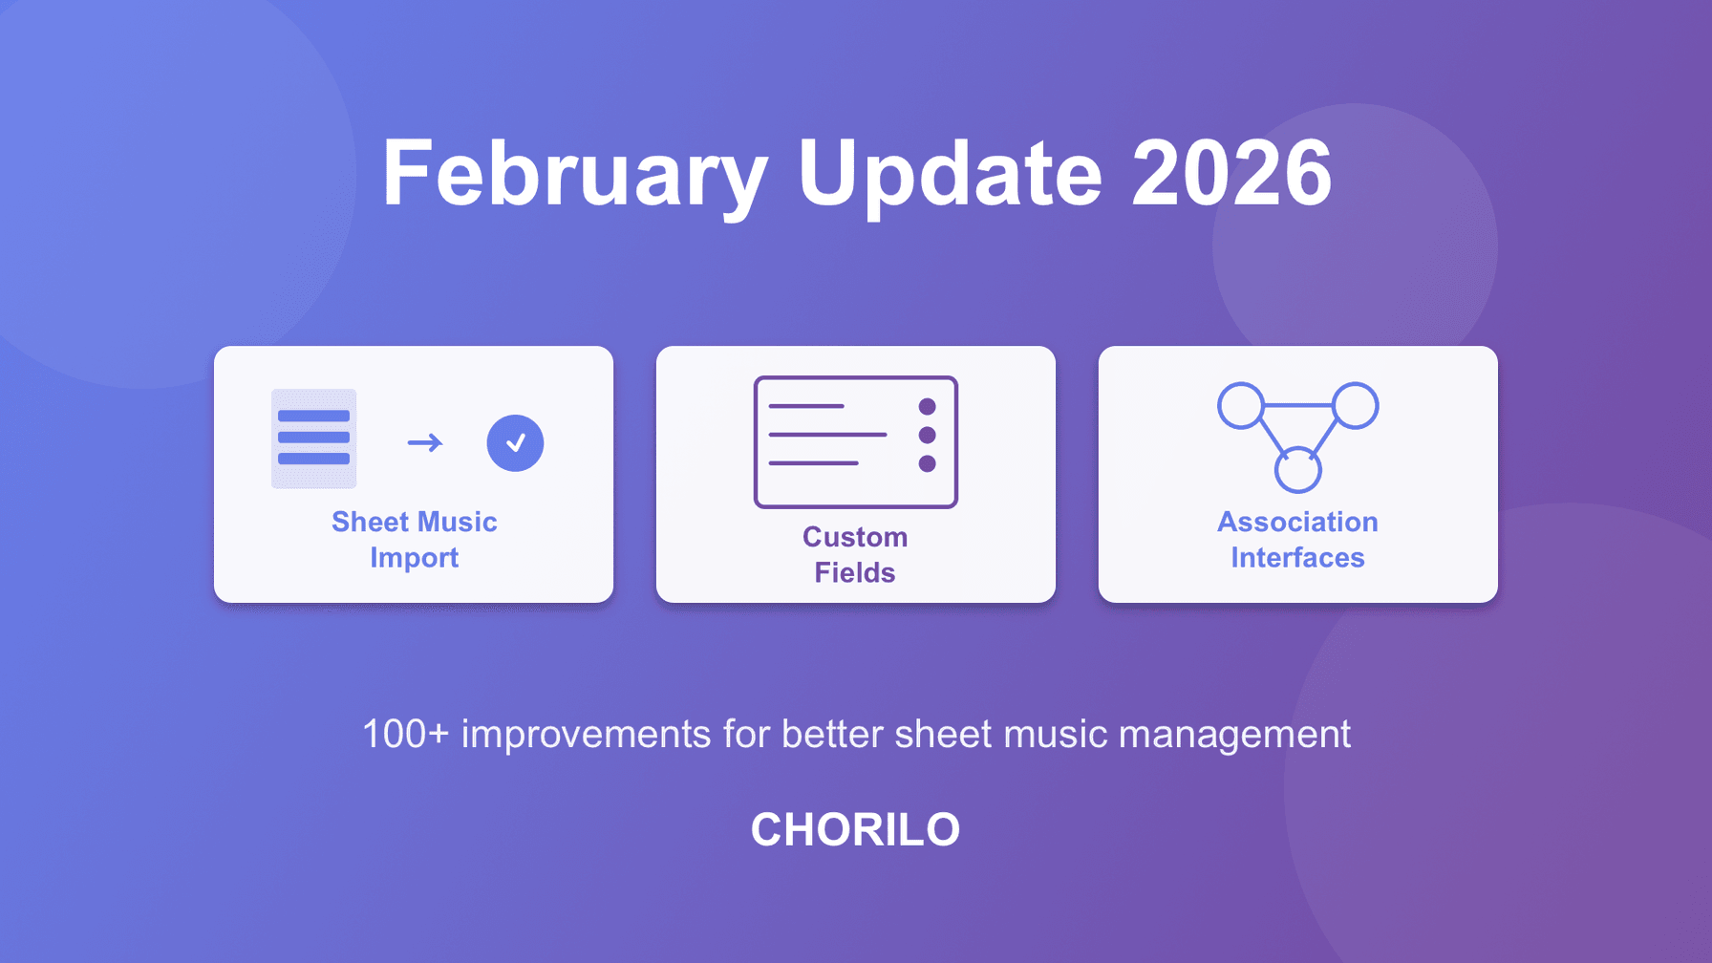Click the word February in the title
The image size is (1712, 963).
pos(574,174)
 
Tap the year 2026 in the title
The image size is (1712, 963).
pos(1231,174)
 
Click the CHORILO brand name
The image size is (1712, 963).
pos(855,829)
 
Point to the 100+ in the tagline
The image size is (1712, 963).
pos(405,735)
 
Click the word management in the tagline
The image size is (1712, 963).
pos(1234,735)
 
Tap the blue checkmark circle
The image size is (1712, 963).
pos(515,443)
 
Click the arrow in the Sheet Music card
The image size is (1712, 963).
pos(425,442)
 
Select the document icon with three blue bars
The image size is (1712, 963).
pos(313,439)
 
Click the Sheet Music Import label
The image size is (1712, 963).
pos(414,540)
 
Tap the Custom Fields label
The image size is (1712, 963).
pos(855,554)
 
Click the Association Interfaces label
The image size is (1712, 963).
pos(1297,540)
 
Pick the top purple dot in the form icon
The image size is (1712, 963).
pos(927,407)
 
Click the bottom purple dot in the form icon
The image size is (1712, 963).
pos(927,464)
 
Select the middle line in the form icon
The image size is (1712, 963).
pos(827,435)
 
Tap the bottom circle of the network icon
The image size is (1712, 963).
pos(1297,471)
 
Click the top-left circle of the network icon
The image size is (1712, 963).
pos(1241,406)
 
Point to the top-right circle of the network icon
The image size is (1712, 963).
pos(1355,406)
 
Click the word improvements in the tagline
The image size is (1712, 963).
pos(586,735)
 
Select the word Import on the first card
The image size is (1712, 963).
pos(414,558)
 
